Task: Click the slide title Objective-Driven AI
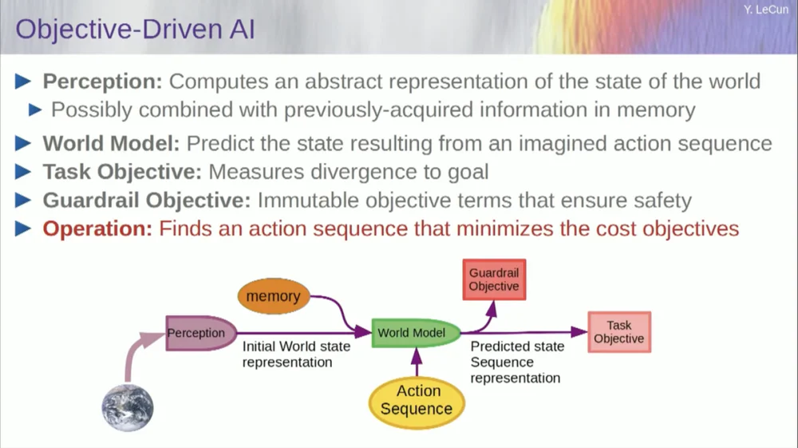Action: [136, 30]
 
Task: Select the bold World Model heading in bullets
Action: [111, 144]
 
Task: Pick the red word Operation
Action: [97, 228]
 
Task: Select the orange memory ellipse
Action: [273, 296]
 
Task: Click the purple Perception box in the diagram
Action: [196, 333]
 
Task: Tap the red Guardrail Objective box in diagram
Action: [493, 280]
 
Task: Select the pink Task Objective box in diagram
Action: [619, 332]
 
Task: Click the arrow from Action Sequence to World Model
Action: [416, 362]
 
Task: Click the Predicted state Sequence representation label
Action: [516, 362]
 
